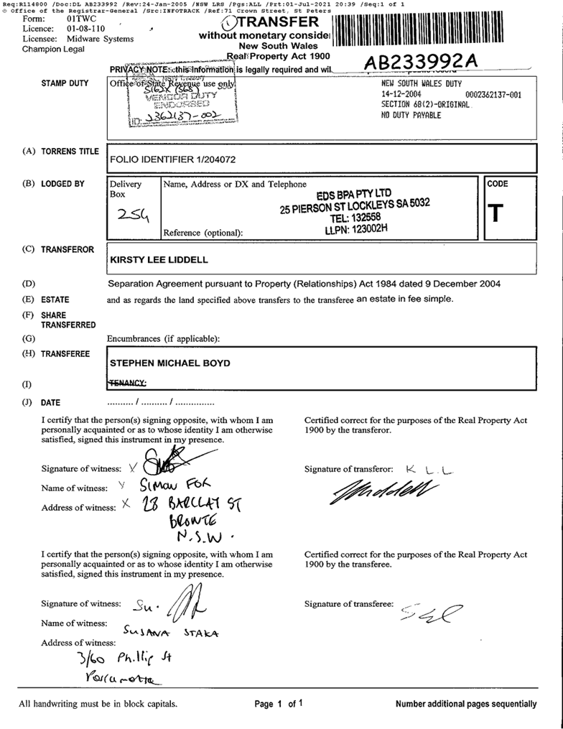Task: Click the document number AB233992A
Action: (x=420, y=62)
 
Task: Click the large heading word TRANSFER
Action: (x=284, y=22)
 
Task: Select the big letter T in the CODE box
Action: (x=495, y=213)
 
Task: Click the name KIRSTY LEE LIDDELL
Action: (x=159, y=259)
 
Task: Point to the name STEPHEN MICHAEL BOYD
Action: (x=169, y=363)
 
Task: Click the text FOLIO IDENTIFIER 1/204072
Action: (x=172, y=159)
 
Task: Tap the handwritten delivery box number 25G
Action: (x=133, y=214)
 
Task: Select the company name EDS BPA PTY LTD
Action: (x=354, y=194)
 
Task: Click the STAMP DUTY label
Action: (x=65, y=83)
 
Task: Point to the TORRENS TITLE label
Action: (x=70, y=152)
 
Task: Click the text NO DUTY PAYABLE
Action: (x=411, y=115)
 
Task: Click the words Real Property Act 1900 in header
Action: (x=278, y=55)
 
